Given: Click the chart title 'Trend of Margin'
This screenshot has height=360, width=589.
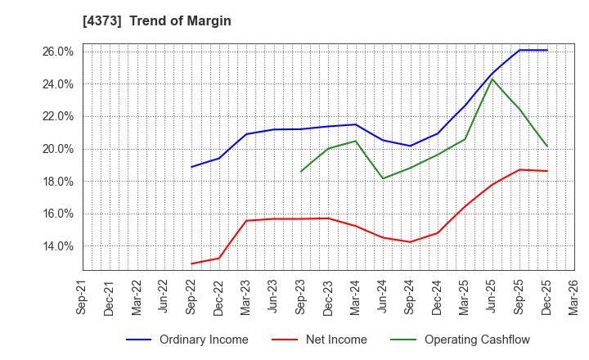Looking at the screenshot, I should [x=180, y=21].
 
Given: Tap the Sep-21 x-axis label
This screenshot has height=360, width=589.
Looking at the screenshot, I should [x=83, y=296].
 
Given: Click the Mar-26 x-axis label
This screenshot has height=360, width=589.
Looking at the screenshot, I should [x=574, y=296].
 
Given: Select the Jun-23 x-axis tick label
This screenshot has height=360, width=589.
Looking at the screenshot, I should [x=274, y=296].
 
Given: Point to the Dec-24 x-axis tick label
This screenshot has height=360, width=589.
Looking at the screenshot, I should [x=438, y=296].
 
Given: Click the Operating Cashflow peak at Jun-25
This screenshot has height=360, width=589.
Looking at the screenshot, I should [x=492, y=79].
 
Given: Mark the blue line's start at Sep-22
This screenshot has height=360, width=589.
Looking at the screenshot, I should [x=191, y=167].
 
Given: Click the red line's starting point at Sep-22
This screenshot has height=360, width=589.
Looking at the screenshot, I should [x=191, y=263].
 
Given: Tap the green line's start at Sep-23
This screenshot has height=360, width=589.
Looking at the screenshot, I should [x=301, y=172].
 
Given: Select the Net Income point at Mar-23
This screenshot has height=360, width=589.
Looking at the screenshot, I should [x=246, y=220].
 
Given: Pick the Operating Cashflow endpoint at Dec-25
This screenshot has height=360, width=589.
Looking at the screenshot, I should [x=547, y=146].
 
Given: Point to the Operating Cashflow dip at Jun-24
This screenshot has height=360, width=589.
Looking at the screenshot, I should [x=383, y=178].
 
